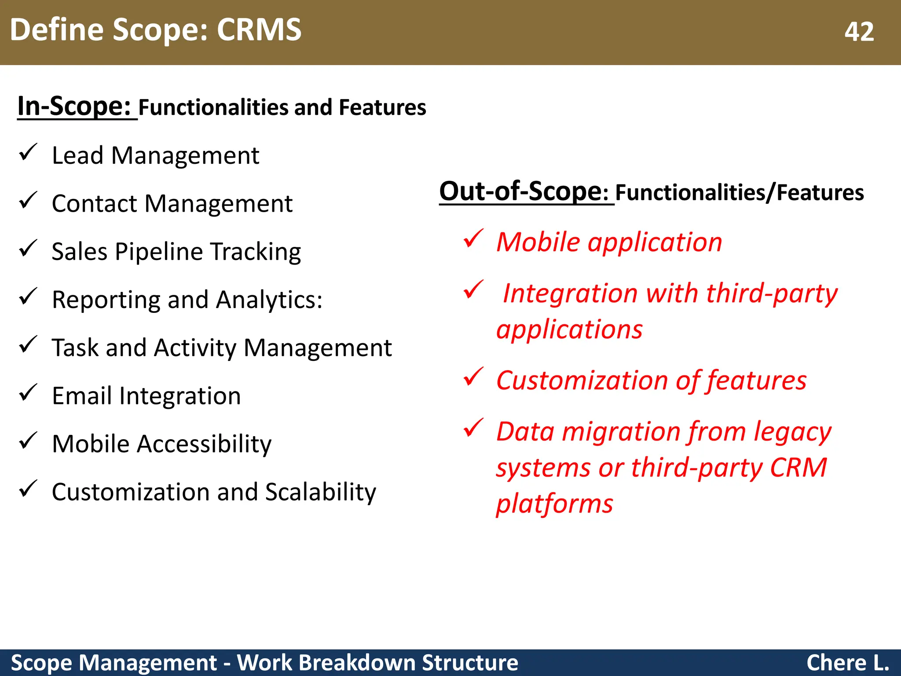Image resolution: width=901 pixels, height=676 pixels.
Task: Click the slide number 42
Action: click(x=859, y=32)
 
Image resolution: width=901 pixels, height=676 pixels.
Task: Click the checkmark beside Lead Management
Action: click(x=28, y=153)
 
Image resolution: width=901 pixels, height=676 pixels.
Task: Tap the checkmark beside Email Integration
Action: click(x=28, y=393)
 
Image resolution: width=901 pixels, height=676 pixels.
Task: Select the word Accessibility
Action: click(x=204, y=444)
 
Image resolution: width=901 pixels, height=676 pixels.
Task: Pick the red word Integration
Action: click(x=570, y=293)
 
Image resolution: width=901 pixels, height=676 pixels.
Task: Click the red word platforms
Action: click(x=554, y=503)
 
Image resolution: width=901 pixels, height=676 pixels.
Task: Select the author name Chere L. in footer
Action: click(x=847, y=663)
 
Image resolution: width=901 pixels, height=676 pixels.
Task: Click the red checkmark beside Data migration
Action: click(x=473, y=428)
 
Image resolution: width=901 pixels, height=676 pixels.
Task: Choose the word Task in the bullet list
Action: click(x=75, y=348)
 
